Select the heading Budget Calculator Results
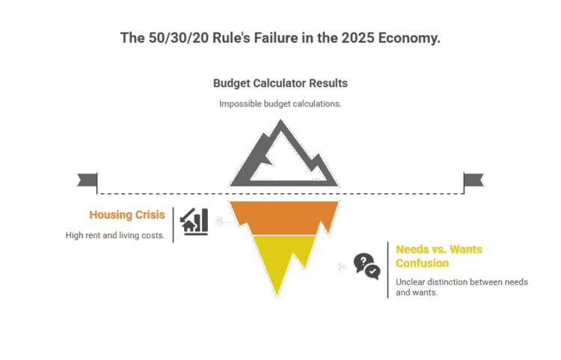[x=280, y=83]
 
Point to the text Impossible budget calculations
[x=280, y=104]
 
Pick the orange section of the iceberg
[x=280, y=217]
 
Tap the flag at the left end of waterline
[x=86, y=180]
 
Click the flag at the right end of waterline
[x=474, y=180]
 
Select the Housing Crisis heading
[x=126, y=216]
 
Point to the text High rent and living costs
[x=114, y=236]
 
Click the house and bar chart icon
[x=194, y=222]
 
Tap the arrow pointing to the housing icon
[x=224, y=222]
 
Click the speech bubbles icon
[x=366, y=265]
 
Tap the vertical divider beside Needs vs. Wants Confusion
[x=387, y=270]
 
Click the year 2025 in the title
[x=341, y=37]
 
